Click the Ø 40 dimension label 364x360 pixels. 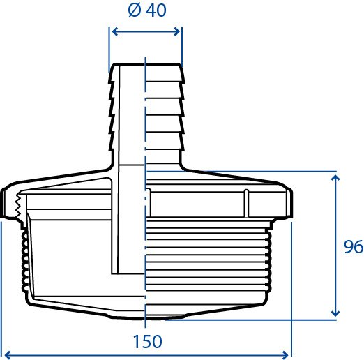point(147,10)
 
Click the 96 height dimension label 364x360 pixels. point(354,246)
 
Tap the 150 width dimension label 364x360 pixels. point(147,341)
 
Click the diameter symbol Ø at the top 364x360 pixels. point(135,10)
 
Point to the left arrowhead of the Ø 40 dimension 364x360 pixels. point(115,31)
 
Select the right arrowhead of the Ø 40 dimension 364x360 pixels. point(177,31)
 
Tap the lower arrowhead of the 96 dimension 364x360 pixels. point(335,313)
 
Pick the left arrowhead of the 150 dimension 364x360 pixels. point(8,355)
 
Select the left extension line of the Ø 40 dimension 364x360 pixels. point(109,50)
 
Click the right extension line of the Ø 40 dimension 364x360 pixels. point(182,47)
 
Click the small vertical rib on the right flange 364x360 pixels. point(247,203)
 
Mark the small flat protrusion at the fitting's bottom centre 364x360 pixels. point(147,317)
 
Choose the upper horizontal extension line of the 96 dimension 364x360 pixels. point(242,172)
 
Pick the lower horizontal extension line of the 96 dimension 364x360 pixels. point(251,320)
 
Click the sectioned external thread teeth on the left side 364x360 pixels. point(25,262)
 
